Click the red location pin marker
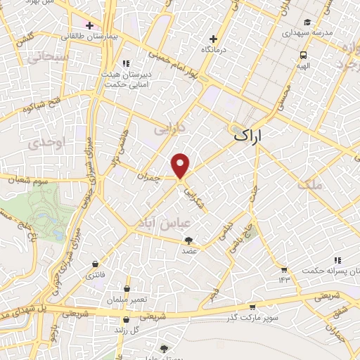181,165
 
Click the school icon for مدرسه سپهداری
307,22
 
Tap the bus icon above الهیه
303,55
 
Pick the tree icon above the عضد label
188,240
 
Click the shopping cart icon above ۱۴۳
283,270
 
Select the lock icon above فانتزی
94,264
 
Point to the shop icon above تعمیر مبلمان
127,288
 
